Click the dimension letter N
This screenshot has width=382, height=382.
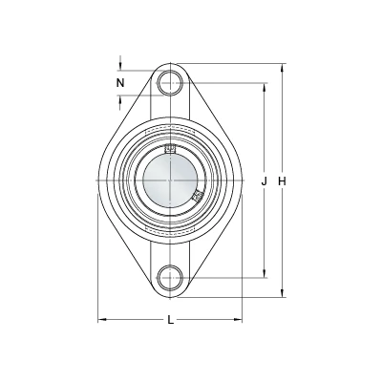click(x=120, y=83)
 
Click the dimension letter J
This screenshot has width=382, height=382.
click(x=264, y=181)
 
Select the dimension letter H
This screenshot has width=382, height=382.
click(x=282, y=181)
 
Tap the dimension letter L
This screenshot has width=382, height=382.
click(x=171, y=320)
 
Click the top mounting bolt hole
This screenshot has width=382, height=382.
click(x=170, y=83)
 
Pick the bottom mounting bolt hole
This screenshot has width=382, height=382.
click(x=170, y=277)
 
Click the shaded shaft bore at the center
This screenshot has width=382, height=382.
click(x=170, y=180)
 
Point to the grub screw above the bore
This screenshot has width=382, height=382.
click(x=170, y=148)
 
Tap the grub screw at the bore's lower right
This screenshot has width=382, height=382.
click(x=198, y=196)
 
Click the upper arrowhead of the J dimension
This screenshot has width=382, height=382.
click(x=264, y=88)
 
